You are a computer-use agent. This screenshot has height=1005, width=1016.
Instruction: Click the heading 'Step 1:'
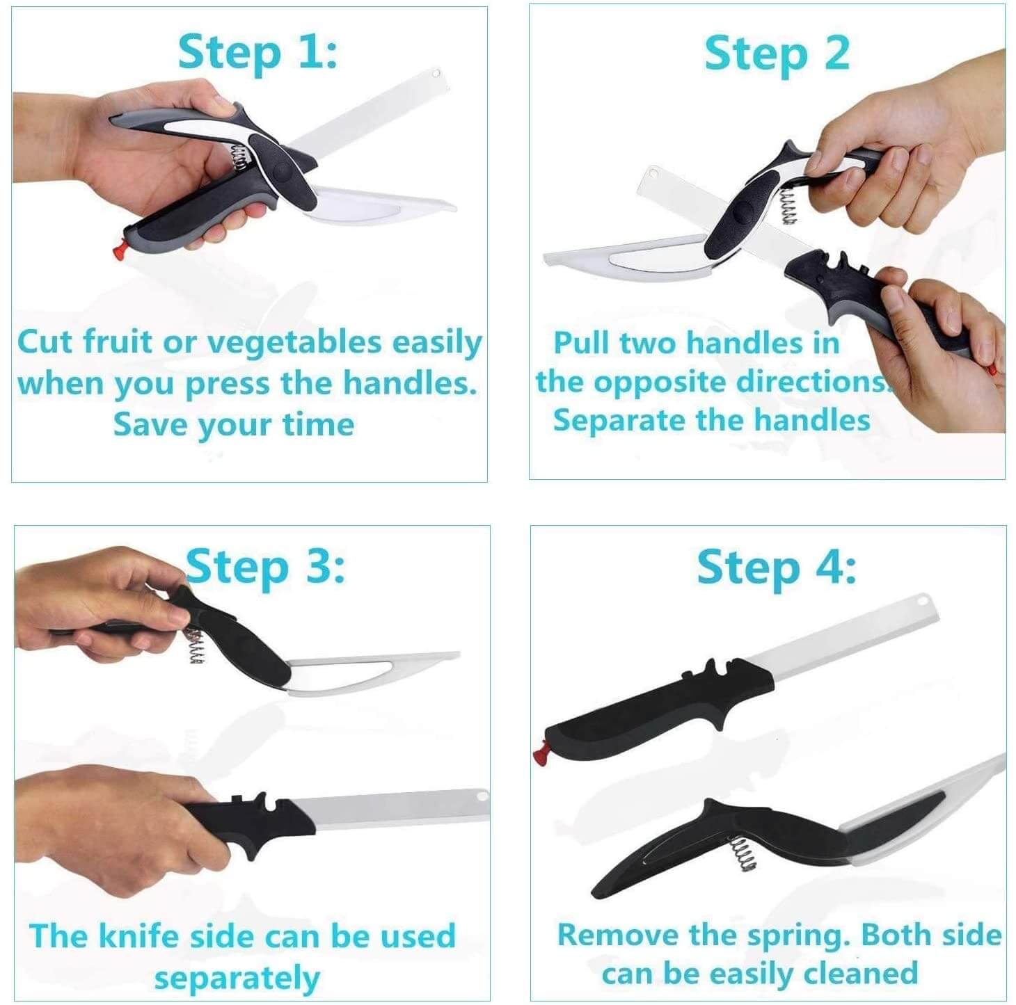pyautogui.click(x=257, y=54)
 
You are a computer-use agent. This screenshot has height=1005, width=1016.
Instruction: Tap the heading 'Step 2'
pyautogui.click(x=777, y=54)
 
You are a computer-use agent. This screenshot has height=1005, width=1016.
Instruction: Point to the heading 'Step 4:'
pyautogui.click(x=777, y=568)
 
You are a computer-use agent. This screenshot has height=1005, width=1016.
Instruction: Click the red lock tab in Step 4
pyautogui.click(x=541, y=757)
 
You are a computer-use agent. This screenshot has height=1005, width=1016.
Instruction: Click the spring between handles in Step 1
pyautogui.click(x=240, y=158)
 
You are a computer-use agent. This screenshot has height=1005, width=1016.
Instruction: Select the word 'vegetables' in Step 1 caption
pyautogui.click(x=294, y=344)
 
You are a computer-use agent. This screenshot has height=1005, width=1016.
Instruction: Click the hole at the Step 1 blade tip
pyautogui.click(x=436, y=73)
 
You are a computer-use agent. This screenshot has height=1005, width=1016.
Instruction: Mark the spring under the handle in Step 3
pyautogui.click(x=196, y=646)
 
